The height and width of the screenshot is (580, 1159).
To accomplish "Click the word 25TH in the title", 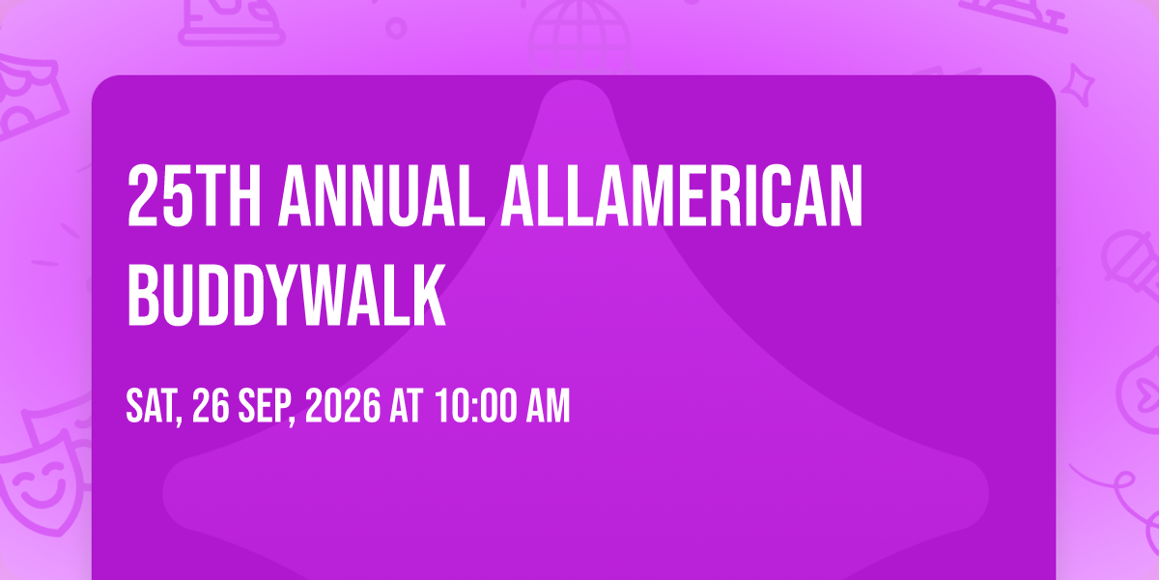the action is point(194,195).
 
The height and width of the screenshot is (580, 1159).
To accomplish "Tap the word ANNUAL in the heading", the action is point(382,195).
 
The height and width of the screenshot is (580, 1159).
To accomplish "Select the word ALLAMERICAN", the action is point(682,195).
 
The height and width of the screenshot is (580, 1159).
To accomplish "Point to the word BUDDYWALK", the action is point(286,294).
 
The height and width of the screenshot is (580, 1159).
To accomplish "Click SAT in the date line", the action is point(154,407).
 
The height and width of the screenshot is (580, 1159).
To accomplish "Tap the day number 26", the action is point(211,405).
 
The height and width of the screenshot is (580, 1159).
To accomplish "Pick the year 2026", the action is point(343,405).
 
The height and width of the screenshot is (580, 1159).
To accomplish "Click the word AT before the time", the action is point(407,405).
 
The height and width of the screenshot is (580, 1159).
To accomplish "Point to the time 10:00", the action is point(476,405).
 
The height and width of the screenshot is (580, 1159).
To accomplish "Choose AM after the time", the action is point(548,405).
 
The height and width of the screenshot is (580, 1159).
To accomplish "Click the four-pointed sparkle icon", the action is point(1078,85).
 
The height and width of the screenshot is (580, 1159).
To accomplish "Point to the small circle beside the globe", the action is point(396,28).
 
